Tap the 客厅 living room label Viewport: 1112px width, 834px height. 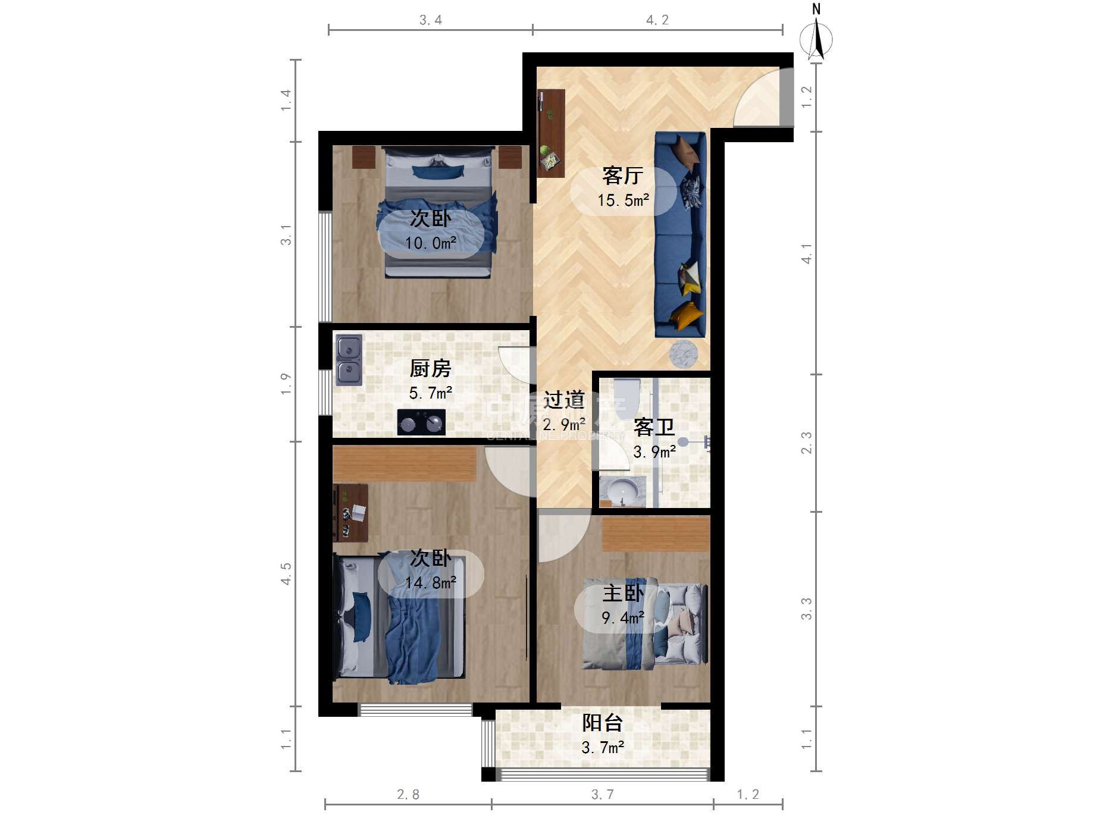622,175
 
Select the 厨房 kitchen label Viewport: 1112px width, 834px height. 430,368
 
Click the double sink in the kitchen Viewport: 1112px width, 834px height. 349,360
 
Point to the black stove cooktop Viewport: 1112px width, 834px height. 421,422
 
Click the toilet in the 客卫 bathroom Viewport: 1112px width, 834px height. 625,396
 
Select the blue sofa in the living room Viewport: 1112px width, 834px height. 681,234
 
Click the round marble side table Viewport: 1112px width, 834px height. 683,355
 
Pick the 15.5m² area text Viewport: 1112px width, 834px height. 623,200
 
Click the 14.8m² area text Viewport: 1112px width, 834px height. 431,583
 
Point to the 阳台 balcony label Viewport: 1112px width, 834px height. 602,723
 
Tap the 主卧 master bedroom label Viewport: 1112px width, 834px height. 623,593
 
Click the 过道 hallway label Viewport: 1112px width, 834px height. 564,400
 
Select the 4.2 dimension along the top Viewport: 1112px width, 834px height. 657,20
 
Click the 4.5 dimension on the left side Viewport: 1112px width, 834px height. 286,574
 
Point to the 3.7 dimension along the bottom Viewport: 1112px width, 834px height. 602,795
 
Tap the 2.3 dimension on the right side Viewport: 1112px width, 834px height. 806,443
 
